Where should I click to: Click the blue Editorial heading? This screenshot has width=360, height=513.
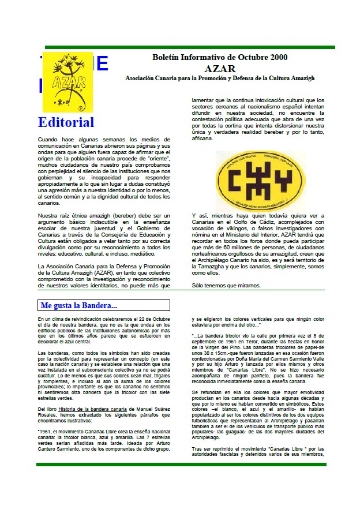point(66,122)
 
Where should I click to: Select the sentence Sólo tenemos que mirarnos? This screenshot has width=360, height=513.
point(226,286)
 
